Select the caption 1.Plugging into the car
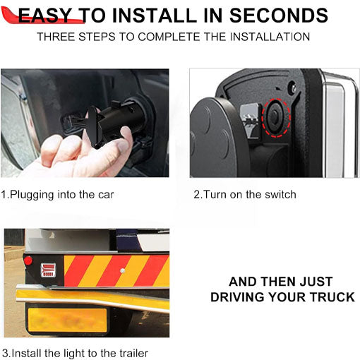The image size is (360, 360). point(58,194)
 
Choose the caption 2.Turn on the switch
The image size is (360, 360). point(245,194)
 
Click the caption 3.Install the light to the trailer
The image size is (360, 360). point(75,352)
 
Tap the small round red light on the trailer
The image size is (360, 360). point(28,260)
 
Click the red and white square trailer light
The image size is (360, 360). point(47,269)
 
